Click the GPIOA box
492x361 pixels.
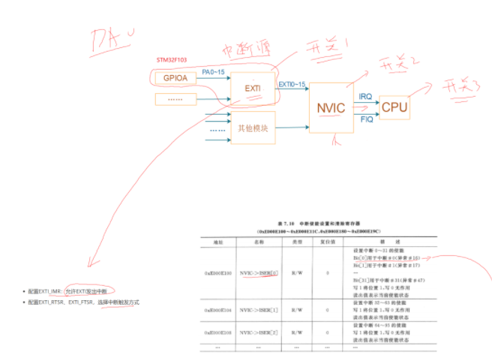pos(175,78)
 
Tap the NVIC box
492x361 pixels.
pos(330,109)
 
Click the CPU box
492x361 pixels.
pos(394,108)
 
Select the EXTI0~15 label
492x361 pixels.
pos(292,85)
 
